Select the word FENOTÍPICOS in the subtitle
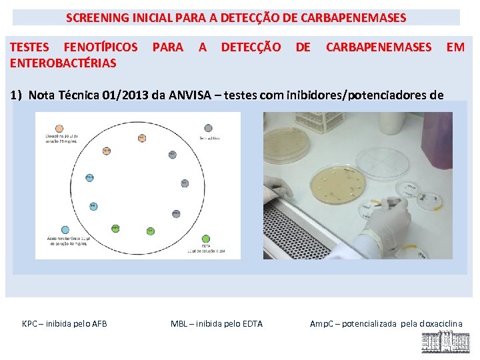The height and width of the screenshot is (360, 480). click(100, 47)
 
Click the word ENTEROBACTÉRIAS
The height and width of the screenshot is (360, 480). click(63, 63)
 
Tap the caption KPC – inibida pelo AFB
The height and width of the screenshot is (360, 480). click(65, 324)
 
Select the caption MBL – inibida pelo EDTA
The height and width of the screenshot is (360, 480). click(217, 324)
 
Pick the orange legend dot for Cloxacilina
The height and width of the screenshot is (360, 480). click(59, 128)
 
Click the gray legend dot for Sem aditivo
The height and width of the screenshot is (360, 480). click(209, 128)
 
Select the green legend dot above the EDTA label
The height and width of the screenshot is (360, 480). click(205, 239)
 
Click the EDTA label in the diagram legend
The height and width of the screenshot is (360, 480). click(205, 245)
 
